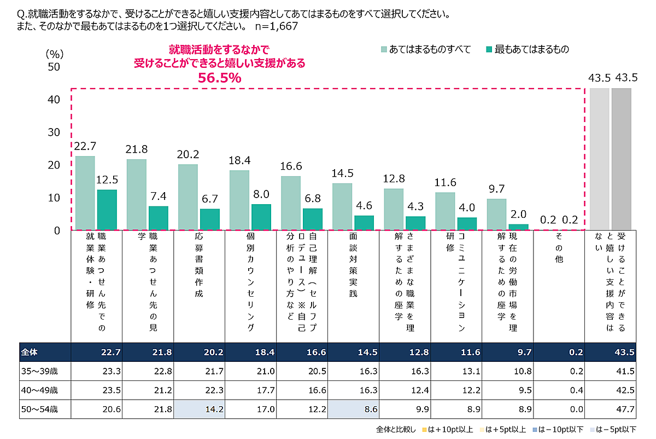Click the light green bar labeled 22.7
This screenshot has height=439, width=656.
[x=85, y=193]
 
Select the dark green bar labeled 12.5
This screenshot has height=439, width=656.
[x=107, y=210]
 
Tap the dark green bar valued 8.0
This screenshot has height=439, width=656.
[x=261, y=217]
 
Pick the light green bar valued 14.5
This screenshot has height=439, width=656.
[x=342, y=206]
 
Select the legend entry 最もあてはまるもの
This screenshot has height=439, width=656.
[x=528, y=49]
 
